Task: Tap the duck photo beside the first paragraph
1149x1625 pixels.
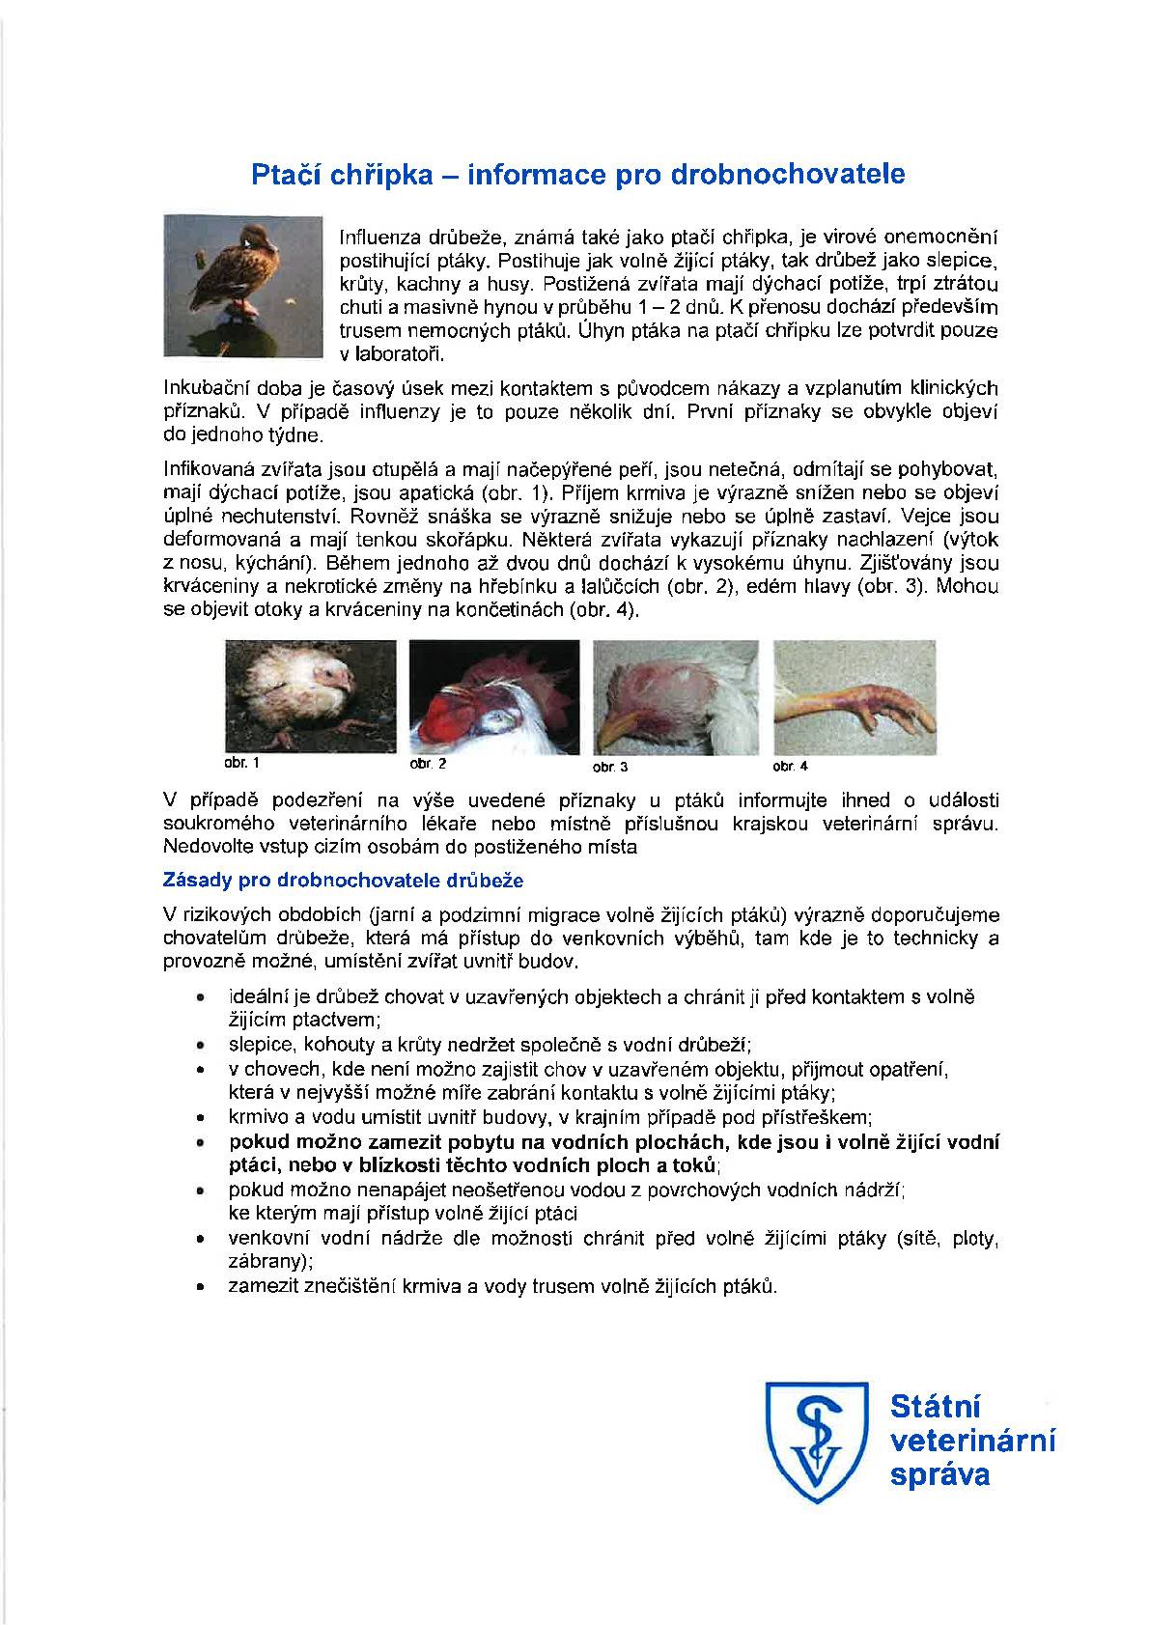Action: click(242, 286)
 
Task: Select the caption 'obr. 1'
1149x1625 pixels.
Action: click(241, 763)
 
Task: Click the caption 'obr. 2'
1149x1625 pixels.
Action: click(428, 764)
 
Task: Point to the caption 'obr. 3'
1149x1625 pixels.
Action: click(610, 767)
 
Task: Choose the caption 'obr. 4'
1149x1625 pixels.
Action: click(790, 766)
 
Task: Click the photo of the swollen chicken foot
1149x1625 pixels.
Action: click(854, 696)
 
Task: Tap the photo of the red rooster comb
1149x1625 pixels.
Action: click(494, 696)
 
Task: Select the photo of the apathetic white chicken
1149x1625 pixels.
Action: click(310, 696)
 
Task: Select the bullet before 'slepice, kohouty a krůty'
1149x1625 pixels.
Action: click(200, 1046)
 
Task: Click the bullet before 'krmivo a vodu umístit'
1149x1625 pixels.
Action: click(200, 1118)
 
